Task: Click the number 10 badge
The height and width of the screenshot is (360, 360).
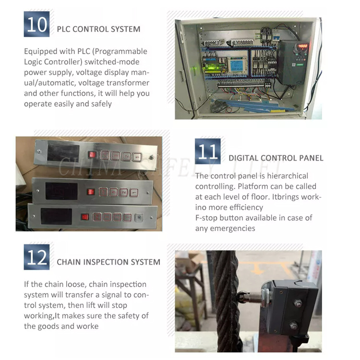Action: (x=36, y=24)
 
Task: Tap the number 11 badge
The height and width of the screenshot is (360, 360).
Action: (x=208, y=151)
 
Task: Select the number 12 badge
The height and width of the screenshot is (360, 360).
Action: (x=36, y=257)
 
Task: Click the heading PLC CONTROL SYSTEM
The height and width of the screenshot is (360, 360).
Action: (x=98, y=29)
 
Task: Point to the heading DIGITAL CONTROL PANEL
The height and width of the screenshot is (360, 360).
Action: (x=276, y=158)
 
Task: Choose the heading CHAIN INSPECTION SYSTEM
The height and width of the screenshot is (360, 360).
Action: (x=108, y=262)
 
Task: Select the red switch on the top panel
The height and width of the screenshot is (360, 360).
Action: (x=92, y=155)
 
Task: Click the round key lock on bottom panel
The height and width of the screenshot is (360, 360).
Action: (x=139, y=216)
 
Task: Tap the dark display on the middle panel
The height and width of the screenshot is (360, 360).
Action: (x=61, y=191)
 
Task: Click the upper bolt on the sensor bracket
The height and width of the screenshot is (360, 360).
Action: (x=298, y=303)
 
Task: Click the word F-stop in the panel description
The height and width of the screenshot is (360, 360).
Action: (x=207, y=218)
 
